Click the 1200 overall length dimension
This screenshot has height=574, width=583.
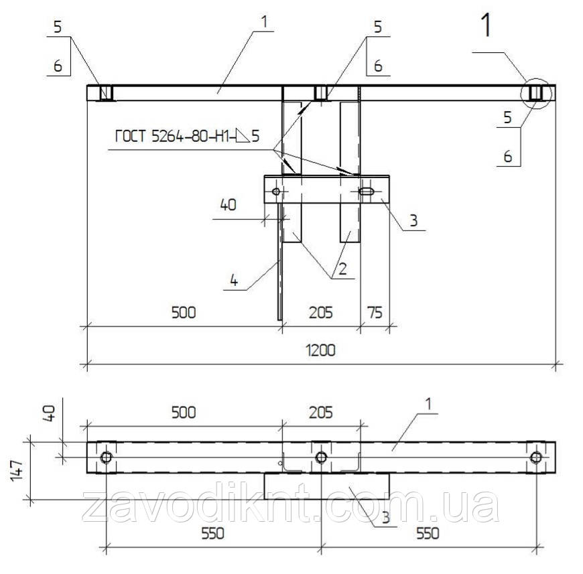pyautogui.click(x=320, y=350)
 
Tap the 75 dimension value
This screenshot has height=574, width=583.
pyautogui.click(x=375, y=312)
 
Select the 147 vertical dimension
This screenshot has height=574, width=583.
pyautogui.click(x=17, y=471)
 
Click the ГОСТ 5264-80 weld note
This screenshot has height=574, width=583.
pyautogui.click(x=187, y=137)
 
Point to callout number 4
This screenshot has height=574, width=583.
pyautogui.click(x=234, y=280)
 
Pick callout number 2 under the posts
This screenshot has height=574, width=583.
pyautogui.click(x=342, y=269)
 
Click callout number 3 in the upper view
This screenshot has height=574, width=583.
pyautogui.click(x=414, y=220)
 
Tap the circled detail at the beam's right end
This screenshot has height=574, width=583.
pyautogui.click(x=535, y=93)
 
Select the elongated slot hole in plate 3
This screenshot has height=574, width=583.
pyautogui.click(x=367, y=192)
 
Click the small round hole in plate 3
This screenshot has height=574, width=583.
pyautogui.click(x=276, y=192)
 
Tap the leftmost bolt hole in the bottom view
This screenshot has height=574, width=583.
pyautogui.click(x=107, y=457)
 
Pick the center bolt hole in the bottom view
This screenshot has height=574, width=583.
pyautogui.click(x=321, y=457)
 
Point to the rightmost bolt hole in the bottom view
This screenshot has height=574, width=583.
pyautogui.click(x=536, y=457)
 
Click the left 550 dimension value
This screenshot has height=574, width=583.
pyautogui.click(x=213, y=534)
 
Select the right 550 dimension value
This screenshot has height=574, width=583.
pyautogui.click(x=428, y=534)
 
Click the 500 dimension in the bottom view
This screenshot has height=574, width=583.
pyautogui.click(x=184, y=413)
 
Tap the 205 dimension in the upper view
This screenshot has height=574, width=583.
pyautogui.click(x=320, y=312)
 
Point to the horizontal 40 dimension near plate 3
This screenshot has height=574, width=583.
pyautogui.click(x=229, y=205)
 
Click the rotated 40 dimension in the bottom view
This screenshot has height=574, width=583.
pyautogui.click(x=50, y=413)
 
